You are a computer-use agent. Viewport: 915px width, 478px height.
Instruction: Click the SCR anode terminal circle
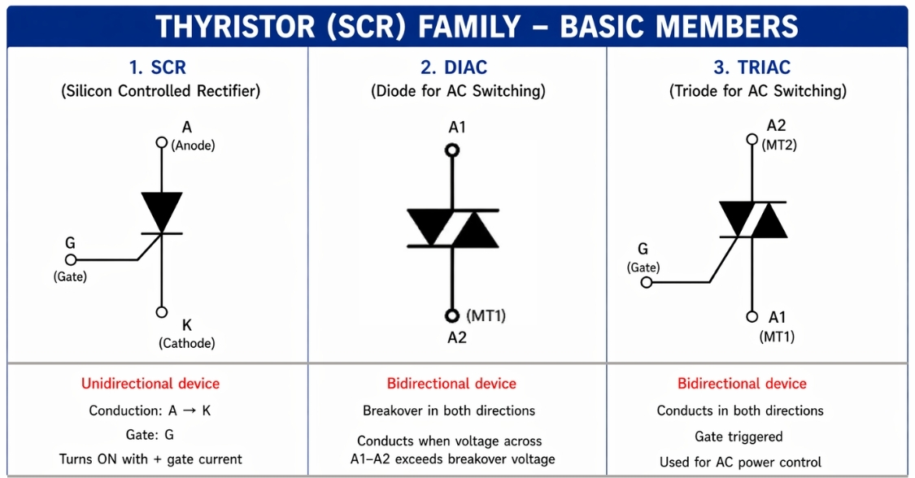[x=161, y=142]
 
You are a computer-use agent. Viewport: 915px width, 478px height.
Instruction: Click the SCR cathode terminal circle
[x=161, y=312]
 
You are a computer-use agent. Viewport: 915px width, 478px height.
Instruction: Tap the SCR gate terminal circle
[x=71, y=260]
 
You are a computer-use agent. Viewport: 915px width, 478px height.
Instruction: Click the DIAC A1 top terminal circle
[x=452, y=150]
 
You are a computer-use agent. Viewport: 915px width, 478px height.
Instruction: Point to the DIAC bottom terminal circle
[x=452, y=315]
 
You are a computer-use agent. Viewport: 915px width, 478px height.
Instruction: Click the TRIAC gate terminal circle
[x=647, y=282]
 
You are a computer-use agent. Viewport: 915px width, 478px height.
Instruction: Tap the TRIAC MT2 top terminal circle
[x=752, y=139]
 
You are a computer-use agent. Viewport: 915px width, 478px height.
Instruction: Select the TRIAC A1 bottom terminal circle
[x=752, y=317]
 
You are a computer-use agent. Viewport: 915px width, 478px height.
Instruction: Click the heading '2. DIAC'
[x=457, y=67]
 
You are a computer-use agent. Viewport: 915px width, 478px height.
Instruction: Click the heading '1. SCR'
[x=158, y=67]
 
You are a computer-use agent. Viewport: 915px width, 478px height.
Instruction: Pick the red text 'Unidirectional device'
[x=150, y=384]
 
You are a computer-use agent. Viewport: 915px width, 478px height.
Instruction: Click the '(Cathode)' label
[x=187, y=343]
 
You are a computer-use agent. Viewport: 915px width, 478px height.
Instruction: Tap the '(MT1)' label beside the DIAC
[x=486, y=315]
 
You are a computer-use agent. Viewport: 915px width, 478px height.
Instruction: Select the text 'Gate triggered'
[x=739, y=437]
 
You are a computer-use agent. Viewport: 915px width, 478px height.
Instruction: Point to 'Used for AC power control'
[x=740, y=462]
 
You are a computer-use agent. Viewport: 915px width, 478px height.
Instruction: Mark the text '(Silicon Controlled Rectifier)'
[x=161, y=91]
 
